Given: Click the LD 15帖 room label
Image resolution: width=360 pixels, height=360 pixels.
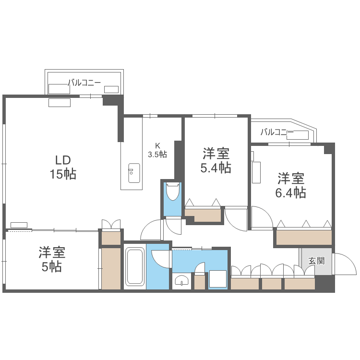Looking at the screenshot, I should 63,167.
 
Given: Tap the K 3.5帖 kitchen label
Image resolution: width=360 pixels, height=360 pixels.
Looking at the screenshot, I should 157,150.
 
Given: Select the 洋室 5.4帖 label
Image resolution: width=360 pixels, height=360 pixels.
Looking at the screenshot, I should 216,161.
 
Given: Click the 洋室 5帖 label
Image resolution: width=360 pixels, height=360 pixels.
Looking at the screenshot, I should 52,259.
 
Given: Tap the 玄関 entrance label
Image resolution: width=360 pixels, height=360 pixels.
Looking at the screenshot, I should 316,261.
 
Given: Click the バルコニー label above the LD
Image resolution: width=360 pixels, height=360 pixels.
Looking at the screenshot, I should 84,83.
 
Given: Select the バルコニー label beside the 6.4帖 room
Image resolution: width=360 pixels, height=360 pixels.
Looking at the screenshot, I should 277,132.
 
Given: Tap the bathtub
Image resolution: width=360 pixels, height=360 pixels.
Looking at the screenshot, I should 134,267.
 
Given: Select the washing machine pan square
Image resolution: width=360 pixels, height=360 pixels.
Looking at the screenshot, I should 218,280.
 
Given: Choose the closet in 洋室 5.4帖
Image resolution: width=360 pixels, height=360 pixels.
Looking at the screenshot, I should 204,215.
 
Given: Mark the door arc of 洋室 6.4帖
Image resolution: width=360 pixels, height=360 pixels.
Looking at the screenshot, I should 262,217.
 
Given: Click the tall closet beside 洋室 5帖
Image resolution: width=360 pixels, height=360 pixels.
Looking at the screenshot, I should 111,268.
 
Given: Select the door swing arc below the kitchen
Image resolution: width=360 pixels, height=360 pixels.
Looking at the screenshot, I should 153,229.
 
